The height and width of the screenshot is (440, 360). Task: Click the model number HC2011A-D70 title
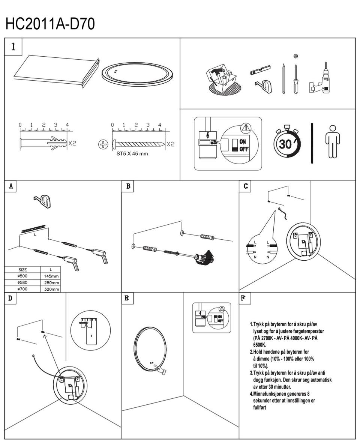click(x=50, y=24)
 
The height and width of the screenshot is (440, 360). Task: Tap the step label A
click(x=10, y=186)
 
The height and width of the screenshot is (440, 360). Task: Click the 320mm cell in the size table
click(x=51, y=289)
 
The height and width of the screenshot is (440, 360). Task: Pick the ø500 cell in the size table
click(x=22, y=276)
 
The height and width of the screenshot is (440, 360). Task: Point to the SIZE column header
click(x=22, y=270)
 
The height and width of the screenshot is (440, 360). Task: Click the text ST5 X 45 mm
click(x=132, y=153)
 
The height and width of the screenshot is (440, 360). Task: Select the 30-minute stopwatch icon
click(x=287, y=143)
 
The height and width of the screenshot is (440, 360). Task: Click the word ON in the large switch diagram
click(x=242, y=141)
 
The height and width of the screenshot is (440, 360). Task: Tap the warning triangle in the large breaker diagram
click(x=246, y=128)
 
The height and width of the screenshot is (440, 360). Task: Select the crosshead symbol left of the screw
click(x=103, y=144)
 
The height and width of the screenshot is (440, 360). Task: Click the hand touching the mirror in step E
click(x=161, y=370)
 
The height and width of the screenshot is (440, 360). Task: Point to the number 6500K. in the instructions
click(x=259, y=345)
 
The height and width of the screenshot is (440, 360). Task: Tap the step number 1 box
click(x=13, y=47)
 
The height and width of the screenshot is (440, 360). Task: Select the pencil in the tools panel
click(x=284, y=79)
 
